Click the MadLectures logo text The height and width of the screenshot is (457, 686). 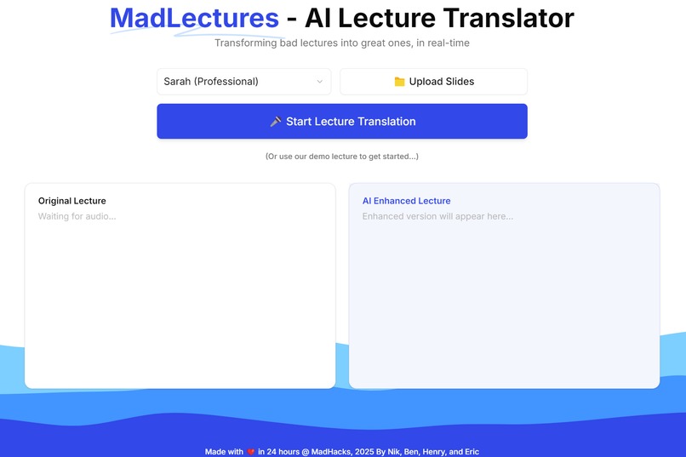(194, 17)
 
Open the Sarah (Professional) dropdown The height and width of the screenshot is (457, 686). (243, 82)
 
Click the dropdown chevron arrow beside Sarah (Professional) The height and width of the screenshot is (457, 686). (320, 82)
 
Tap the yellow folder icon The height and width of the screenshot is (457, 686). (399, 82)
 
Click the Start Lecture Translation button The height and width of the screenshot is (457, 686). (341, 121)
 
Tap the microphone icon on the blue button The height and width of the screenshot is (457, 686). (275, 122)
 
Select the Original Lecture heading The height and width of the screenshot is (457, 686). (72, 201)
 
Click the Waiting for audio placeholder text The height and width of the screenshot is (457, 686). (77, 216)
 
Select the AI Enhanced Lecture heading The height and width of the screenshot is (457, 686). (406, 201)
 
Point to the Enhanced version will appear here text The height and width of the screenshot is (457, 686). (437, 216)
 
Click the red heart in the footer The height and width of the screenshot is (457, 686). (250, 452)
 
